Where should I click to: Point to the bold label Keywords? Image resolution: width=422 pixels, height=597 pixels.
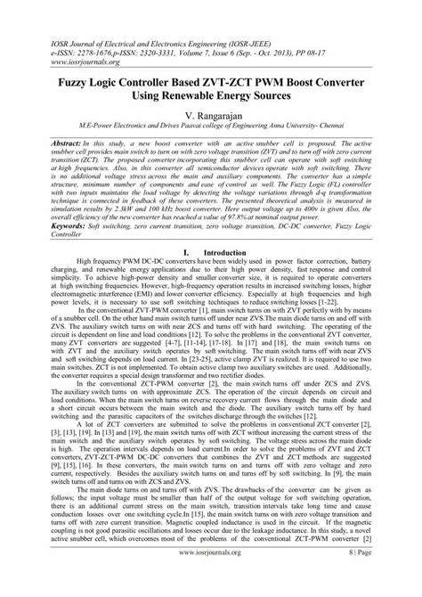coord(47,228)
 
